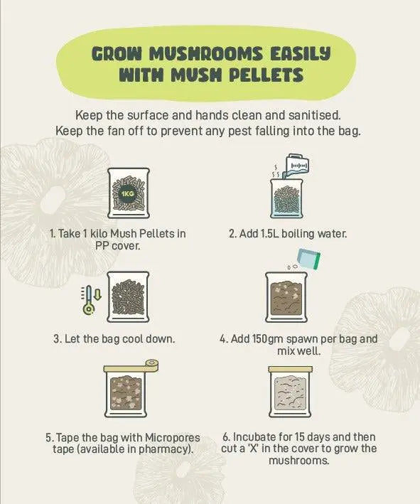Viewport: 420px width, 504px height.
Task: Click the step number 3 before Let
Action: coord(56,339)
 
